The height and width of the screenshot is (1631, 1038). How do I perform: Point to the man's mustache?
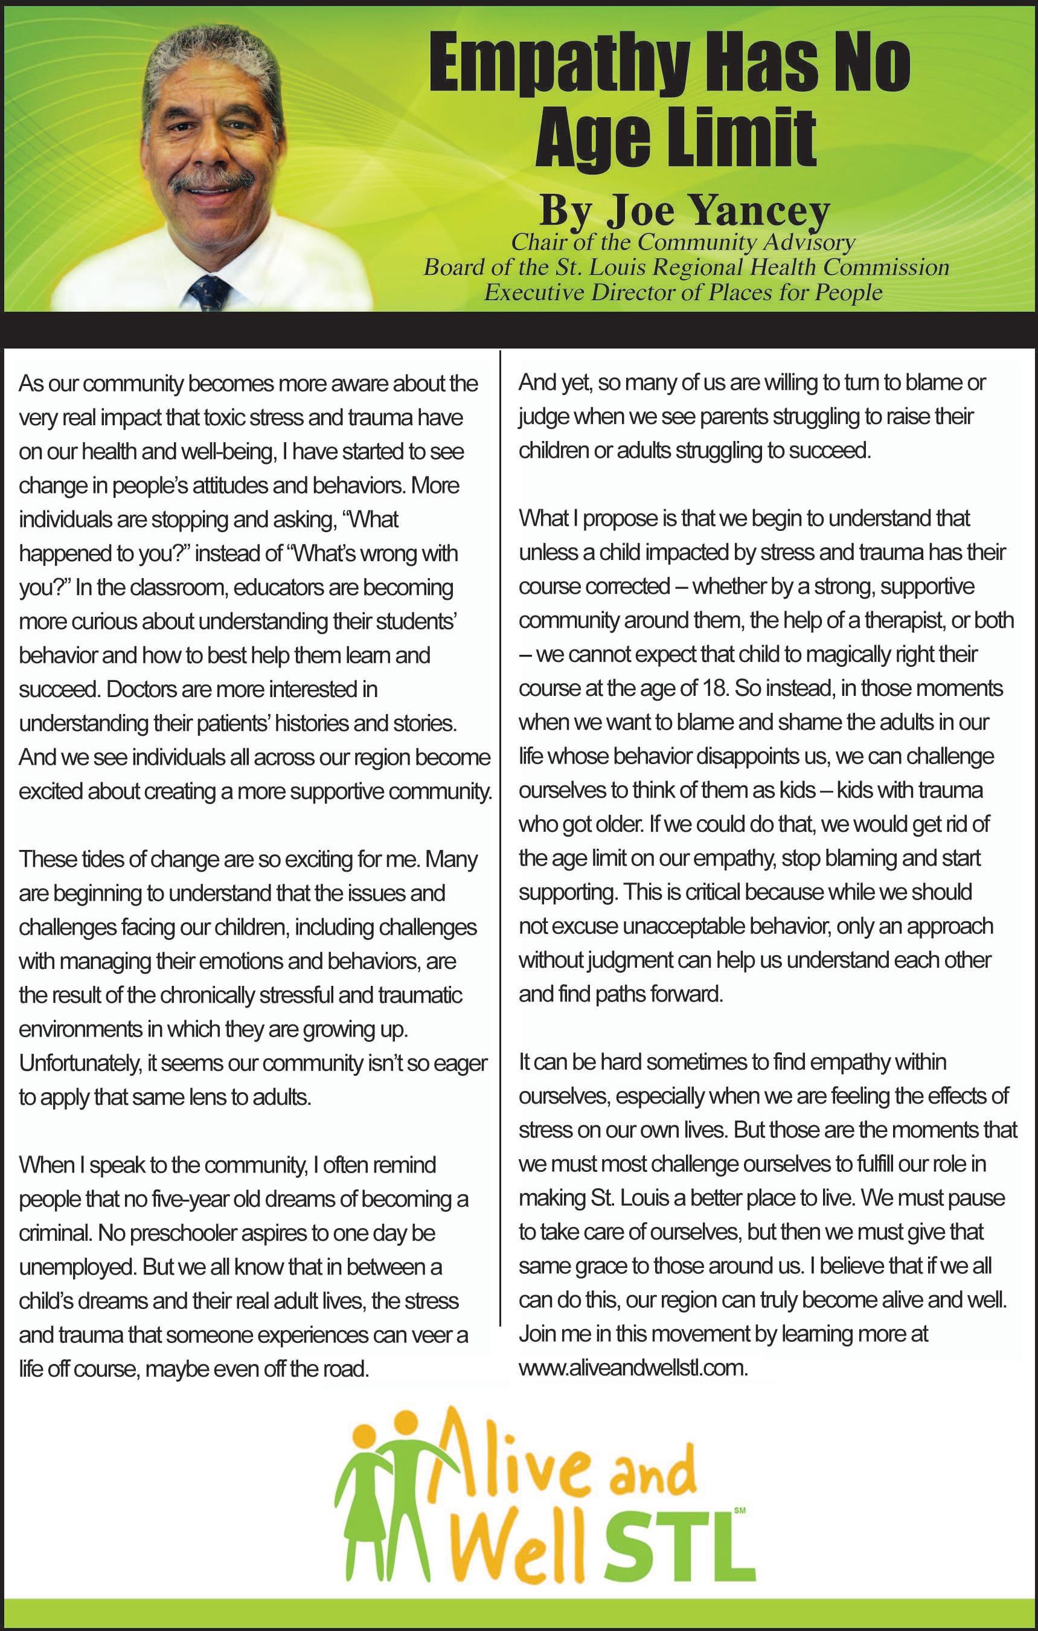pos(211,181)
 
